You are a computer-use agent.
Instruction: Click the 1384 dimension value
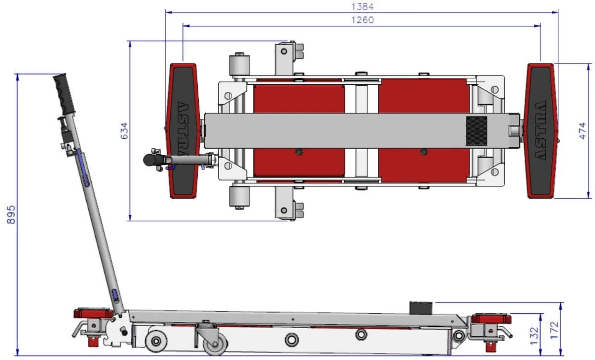click(362, 6)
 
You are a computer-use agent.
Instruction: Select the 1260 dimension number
click(362, 20)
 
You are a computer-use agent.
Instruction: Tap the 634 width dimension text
click(124, 131)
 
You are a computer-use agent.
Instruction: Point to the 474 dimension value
click(582, 131)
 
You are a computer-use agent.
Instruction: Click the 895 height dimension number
click(11, 215)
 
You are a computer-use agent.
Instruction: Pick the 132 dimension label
click(534, 336)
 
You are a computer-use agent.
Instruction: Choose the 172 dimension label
click(554, 330)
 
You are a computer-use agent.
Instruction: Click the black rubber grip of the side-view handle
click(64, 94)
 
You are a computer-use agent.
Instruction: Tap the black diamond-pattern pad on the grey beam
click(477, 131)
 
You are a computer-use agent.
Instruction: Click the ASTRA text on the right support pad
click(540, 130)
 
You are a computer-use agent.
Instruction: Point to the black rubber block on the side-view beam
click(421, 308)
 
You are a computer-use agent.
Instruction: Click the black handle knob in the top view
click(151, 160)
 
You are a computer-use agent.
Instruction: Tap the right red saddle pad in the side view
click(491, 318)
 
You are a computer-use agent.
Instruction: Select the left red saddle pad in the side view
click(94, 313)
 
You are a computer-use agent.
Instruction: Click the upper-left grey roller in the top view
click(239, 65)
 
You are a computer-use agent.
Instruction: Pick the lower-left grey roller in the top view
click(239, 196)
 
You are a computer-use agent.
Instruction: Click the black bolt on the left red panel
click(299, 152)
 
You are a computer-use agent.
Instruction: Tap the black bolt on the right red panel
click(423, 152)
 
